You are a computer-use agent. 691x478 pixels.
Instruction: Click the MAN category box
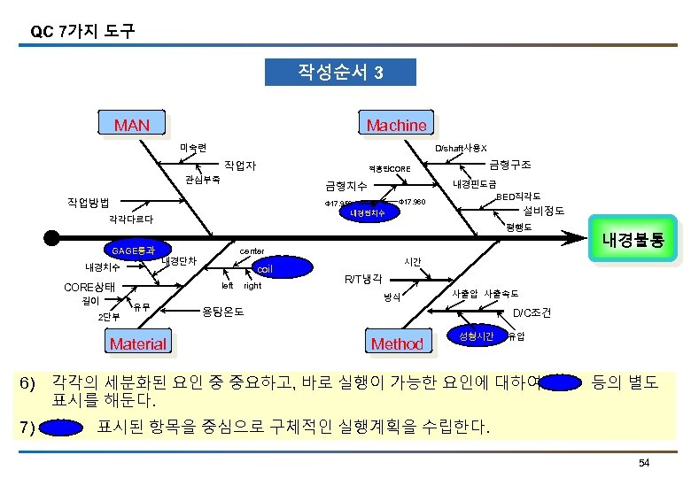tap(132, 125)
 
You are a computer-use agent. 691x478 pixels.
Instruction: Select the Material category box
tap(136, 343)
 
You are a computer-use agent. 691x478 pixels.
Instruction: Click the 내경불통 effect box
tap(633, 239)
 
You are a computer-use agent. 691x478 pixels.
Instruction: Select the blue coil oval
tap(264, 268)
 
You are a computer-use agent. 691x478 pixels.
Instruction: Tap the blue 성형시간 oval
tap(476, 335)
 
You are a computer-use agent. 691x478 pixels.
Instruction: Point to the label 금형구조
tap(509, 165)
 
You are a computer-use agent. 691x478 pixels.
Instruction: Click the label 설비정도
tap(544, 211)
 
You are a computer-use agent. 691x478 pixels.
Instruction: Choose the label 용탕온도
tap(223, 312)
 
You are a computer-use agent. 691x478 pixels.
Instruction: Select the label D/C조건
tap(532, 312)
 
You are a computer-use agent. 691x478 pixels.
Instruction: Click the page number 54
tap(644, 464)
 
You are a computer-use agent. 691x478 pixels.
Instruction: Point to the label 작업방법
tap(95, 202)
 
